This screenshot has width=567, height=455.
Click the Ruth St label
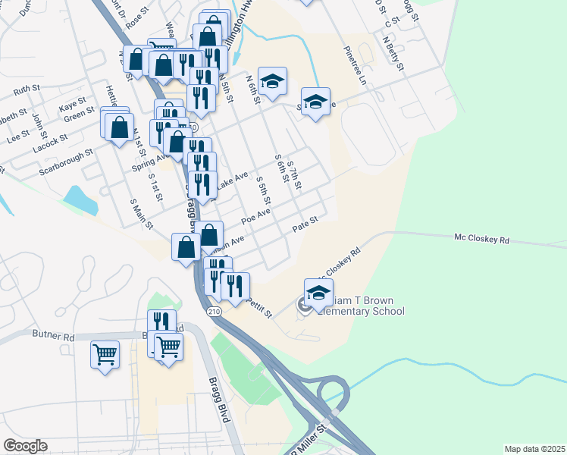27,89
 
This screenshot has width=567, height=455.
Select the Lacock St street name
50,143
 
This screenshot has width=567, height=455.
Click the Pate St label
305,224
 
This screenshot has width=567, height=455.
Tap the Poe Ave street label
255,217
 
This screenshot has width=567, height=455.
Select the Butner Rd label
53,334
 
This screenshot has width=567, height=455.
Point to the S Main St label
142,213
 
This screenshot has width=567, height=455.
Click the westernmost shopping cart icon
105,353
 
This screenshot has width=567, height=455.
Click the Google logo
25,446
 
